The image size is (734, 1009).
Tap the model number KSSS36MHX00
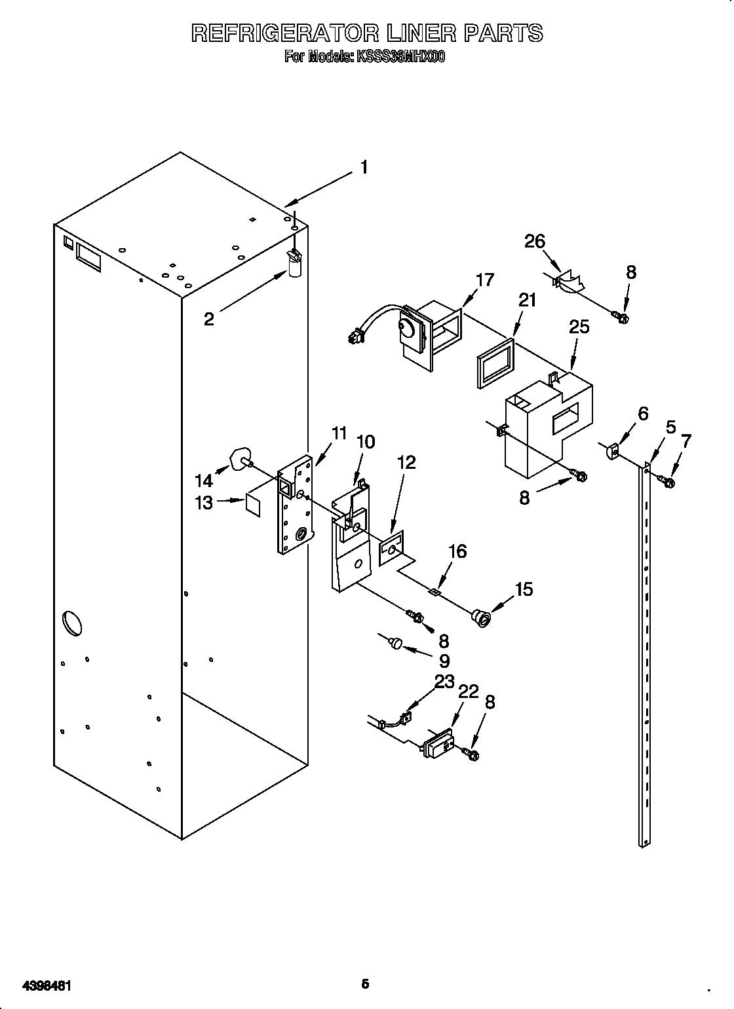pyautogui.click(x=400, y=58)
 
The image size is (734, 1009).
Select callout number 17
pyautogui.click(x=485, y=280)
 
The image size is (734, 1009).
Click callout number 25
pyautogui.click(x=579, y=327)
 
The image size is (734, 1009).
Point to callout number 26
pyautogui.click(x=535, y=242)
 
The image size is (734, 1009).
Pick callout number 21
pyautogui.click(x=527, y=301)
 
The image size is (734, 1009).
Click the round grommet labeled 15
pyautogui.click(x=481, y=617)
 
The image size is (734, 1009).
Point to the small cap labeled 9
pyautogui.click(x=396, y=644)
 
